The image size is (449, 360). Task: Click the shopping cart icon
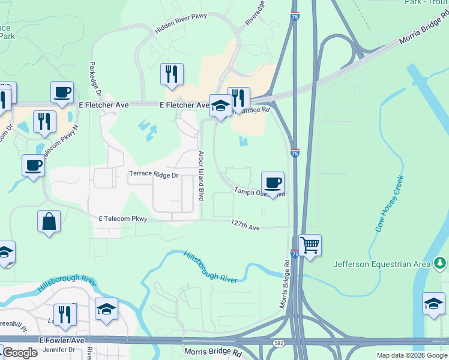click(x=310, y=245)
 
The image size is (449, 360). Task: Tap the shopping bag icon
click(x=49, y=221)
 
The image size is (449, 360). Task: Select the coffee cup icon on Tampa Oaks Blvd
click(x=273, y=182)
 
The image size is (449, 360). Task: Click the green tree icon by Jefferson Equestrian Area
click(x=440, y=263)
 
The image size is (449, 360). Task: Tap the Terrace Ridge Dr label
click(x=154, y=175)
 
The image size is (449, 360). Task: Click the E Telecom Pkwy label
click(x=123, y=219)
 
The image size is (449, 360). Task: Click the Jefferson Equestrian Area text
click(x=381, y=264)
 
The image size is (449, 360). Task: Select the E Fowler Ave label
click(x=63, y=340)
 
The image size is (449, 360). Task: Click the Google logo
click(x=19, y=353)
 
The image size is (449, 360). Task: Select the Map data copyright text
click(x=412, y=355)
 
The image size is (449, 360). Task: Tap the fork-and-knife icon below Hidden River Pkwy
click(x=172, y=74)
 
